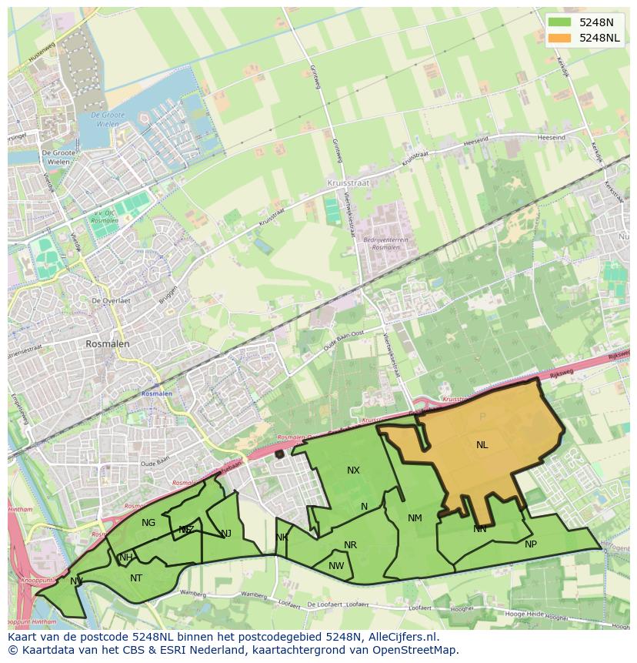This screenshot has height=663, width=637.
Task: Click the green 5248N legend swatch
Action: coord(560,22)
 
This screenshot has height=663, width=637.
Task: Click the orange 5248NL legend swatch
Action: coord(560,38)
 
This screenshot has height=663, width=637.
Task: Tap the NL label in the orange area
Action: coord(482,445)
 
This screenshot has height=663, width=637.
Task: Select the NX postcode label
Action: coord(353,470)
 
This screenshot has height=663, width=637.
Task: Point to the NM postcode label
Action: coord(415,518)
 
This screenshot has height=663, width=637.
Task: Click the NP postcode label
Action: coord(530,544)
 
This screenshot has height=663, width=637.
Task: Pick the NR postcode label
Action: coord(350,545)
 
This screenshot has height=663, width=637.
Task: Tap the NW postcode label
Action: coord(336,566)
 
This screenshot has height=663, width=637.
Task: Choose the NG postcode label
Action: coord(148,523)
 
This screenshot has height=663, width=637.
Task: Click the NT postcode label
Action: coord(136,578)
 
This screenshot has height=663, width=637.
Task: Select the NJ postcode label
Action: coord(226,534)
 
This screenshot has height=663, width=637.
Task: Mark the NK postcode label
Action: coord(282,537)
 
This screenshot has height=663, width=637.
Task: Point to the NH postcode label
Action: coord(126,558)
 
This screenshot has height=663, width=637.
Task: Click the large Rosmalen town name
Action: coord(108,344)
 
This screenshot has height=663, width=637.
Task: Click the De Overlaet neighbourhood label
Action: coord(110,300)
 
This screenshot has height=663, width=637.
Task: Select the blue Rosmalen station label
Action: coord(157,393)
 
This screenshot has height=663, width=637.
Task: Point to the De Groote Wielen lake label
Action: coord(107,119)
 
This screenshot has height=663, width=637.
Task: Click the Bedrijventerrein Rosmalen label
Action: coord(385,244)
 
